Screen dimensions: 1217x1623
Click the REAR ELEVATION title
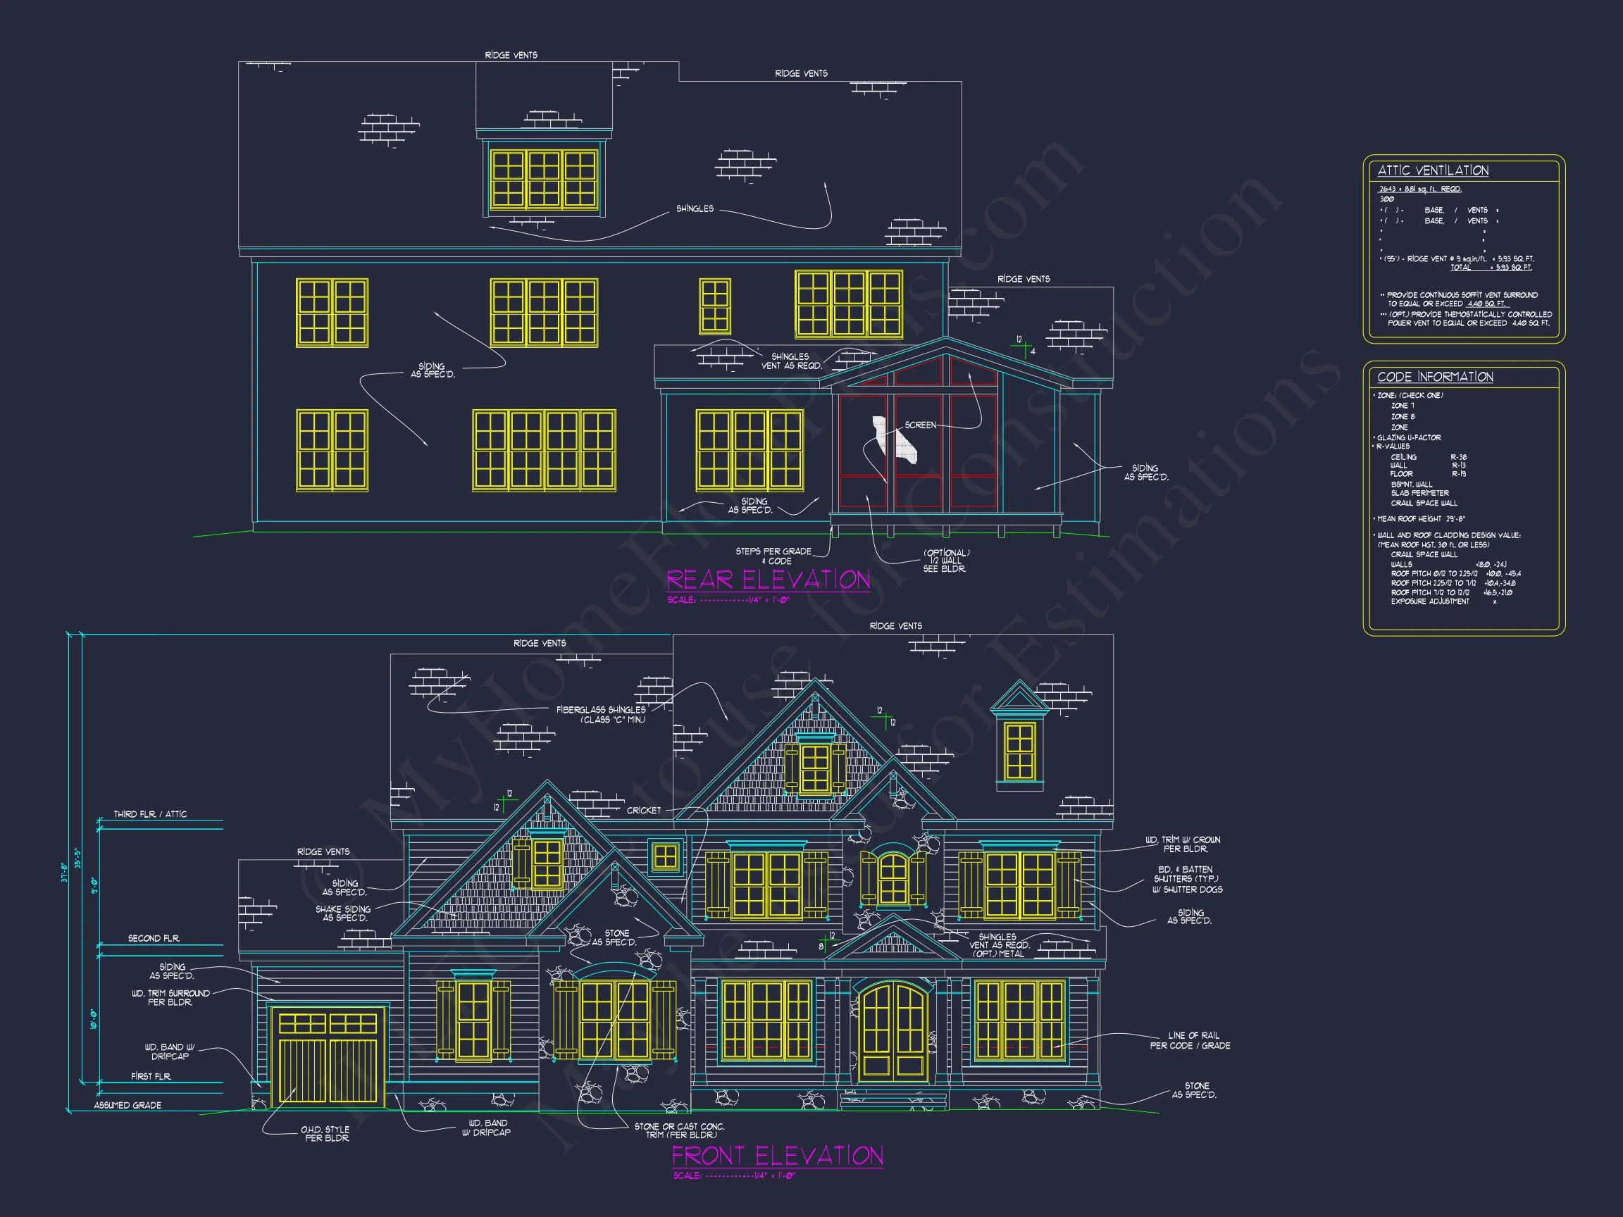(x=768, y=580)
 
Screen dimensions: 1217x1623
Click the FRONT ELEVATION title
(x=777, y=1156)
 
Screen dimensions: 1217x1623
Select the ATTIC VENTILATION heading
(x=1432, y=170)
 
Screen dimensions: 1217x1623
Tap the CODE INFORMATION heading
(x=1434, y=376)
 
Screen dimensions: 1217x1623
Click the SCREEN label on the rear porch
(x=920, y=425)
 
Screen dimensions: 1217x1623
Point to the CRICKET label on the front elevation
(x=643, y=811)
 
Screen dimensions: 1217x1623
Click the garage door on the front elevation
(x=328, y=1058)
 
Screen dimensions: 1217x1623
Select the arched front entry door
(x=893, y=1034)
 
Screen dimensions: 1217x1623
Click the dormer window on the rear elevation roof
(x=544, y=180)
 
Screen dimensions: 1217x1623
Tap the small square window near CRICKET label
(x=666, y=857)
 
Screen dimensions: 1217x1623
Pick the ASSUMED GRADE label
(x=128, y=1106)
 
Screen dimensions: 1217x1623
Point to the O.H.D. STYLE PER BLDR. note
(x=325, y=1133)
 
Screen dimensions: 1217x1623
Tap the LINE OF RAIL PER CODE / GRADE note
(x=1189, y=1040)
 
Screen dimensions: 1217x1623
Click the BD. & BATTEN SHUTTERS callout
(x=1186, y=879)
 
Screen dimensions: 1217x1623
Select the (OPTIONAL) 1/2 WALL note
(x=946, y=561)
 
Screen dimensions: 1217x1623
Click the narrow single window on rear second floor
(x=715, y=306)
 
